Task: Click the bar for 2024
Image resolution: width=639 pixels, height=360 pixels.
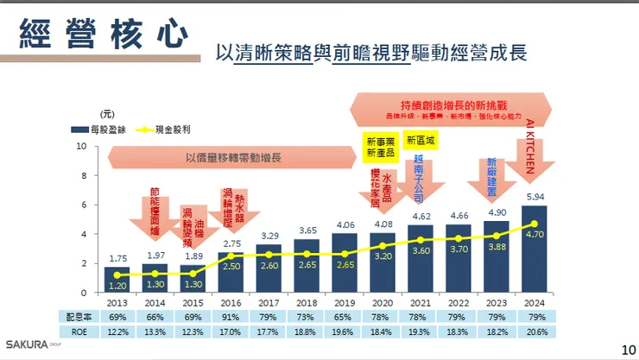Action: pos(535,249)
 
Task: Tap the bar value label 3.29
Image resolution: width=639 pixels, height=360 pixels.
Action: pos(269,236)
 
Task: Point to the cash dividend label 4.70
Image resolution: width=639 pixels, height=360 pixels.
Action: pos(535,232)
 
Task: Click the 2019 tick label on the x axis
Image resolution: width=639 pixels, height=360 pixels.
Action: pos(345,301)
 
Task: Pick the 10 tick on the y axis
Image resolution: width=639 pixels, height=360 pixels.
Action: pos(81,146)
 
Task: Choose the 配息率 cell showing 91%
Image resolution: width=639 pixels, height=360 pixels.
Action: pos(231,316)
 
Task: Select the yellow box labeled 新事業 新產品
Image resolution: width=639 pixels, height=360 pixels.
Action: pos(380,146)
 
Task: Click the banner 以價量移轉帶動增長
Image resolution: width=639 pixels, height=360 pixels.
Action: pos(233,159)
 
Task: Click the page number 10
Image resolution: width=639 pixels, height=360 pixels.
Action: pos(629,349)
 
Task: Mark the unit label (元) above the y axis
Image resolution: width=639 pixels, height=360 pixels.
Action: pos(105,113)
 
